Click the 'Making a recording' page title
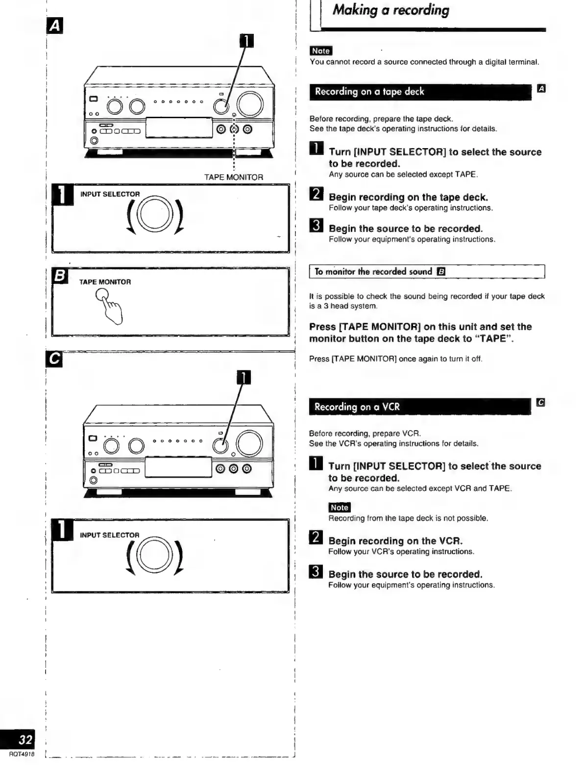[390, 10]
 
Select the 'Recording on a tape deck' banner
[419, 92]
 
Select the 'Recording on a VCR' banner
[419, 407]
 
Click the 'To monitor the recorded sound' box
[427, 271]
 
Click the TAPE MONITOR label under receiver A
[234, 177]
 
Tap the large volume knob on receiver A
[250, 104]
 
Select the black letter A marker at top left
[54, 26]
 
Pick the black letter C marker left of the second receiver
[54, 359]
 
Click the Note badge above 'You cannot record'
[321, 51]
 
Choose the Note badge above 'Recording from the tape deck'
[339, 508]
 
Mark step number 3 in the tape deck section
[317, 226]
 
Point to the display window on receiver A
[179, 128]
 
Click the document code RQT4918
[22, 754]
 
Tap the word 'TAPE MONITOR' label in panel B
[105, 282]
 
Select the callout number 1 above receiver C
[244, 377]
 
